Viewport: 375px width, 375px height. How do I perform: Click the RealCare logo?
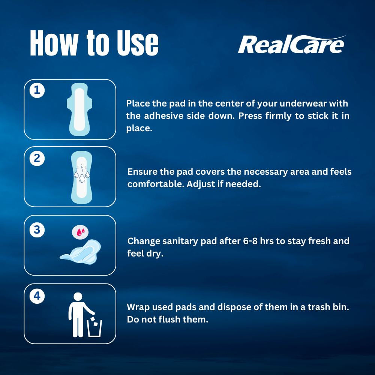point(291,44)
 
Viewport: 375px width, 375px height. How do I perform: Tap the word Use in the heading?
point(138,43)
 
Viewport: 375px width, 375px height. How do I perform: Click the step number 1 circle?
point(37,90)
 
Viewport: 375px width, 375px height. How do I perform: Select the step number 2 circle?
point(37,158)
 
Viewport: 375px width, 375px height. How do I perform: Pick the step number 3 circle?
point(37,230)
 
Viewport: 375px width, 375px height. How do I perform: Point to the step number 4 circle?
point(37,296)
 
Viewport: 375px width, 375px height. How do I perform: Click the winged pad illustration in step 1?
point(79,109)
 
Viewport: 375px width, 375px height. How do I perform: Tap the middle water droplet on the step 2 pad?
point(82,178)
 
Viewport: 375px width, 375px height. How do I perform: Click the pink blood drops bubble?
point(80,232)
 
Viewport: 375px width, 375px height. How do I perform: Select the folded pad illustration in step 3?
point(81,252)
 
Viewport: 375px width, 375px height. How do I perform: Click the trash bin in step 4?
point(94,328)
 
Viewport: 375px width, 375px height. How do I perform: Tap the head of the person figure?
point(78,297)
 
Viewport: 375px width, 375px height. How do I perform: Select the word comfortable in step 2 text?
point(156,184)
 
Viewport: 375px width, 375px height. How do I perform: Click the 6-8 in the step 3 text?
point(250,241)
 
